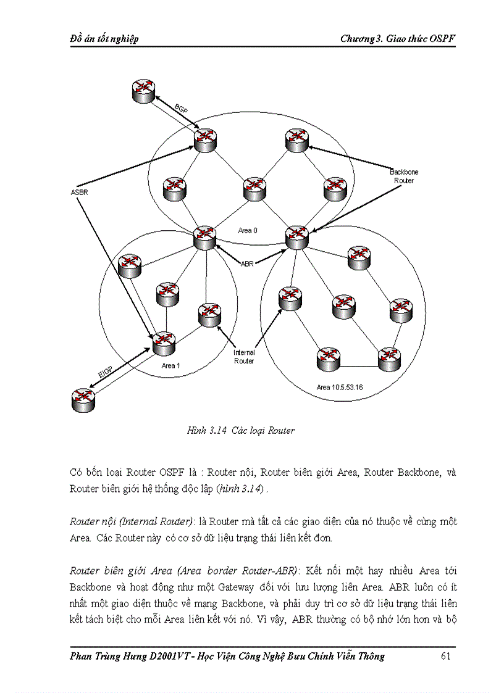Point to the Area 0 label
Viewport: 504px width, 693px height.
pos(247,230)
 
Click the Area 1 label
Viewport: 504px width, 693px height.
pos(170,366)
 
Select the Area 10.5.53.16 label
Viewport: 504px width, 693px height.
pos(340,388)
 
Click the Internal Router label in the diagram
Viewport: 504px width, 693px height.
pos(243,357)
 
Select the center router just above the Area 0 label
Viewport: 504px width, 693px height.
pos(254,188)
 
